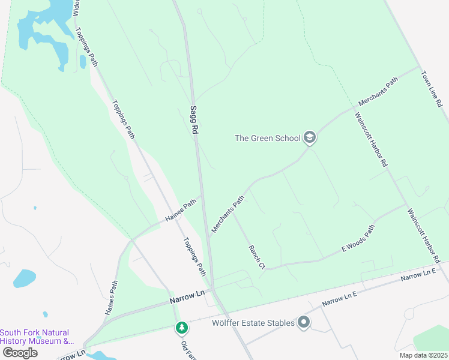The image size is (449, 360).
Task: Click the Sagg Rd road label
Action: pos(194,120)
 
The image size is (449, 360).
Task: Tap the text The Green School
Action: pos(267,138)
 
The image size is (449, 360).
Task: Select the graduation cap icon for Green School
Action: pos(310,138)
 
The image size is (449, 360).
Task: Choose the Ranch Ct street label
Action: pos(256,256)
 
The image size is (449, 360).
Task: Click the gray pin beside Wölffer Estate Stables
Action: pos(304,323)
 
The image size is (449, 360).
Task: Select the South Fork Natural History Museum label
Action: pos(35,337)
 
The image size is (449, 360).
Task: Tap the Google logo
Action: pos(19,353)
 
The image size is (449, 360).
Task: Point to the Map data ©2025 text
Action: pos(423,355)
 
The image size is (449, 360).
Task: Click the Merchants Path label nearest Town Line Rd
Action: pos(378,92)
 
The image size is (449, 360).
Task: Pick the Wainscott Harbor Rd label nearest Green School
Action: pos(370,140)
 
